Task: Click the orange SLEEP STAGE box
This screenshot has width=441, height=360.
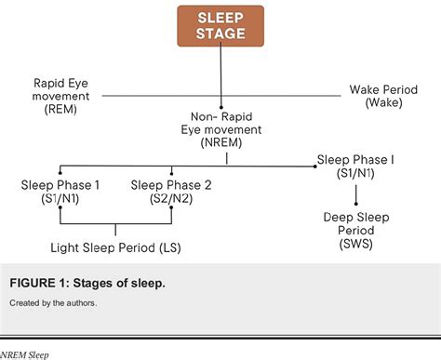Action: [220, 25]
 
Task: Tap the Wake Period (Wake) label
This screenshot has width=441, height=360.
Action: [383, 96]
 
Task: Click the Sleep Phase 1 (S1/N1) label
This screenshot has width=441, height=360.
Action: [60, 192]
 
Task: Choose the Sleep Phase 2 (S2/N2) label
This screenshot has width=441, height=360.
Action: [171, 192]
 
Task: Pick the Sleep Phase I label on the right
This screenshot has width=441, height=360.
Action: [355, 160]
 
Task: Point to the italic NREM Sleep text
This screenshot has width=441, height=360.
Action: [26, 354]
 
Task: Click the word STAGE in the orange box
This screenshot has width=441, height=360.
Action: [220, 33]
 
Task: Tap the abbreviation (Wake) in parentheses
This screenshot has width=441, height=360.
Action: [383, 103]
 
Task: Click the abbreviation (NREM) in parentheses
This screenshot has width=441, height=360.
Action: [223, 145]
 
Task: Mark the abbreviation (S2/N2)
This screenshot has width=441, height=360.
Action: [171, 199]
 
